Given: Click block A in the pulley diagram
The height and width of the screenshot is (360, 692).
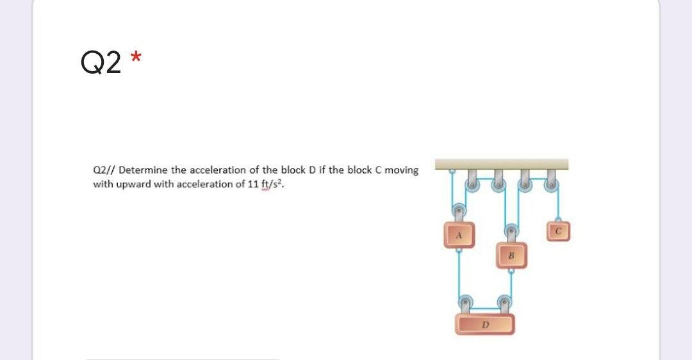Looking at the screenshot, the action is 459,234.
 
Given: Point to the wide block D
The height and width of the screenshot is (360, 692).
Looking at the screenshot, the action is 485,324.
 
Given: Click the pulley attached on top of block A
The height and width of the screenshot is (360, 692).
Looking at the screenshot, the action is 459,211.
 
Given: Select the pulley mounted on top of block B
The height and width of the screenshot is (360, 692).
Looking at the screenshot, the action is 511,230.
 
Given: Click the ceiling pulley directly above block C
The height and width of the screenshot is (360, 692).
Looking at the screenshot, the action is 550,184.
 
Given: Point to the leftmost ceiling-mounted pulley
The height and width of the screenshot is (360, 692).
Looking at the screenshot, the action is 472,184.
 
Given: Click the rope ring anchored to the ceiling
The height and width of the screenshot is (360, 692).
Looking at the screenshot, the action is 450,172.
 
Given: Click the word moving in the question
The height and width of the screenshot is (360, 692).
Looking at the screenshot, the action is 402,170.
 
